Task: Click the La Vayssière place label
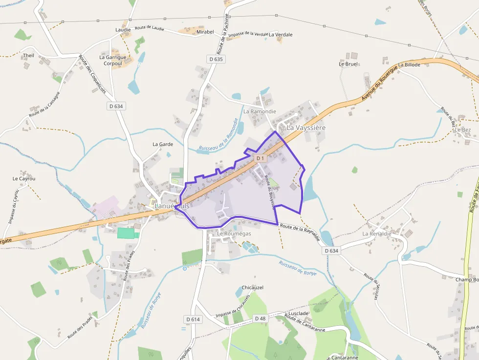305,127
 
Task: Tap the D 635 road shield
216,59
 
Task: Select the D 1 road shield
260,158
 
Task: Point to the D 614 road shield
193,319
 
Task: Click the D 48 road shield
260,318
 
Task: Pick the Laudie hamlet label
123,30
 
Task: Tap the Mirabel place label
205,32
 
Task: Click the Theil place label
28,56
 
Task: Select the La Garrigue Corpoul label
113,60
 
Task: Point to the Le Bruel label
348,64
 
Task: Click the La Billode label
409,64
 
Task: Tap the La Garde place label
163,144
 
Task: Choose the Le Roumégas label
234,233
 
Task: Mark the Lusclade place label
299,313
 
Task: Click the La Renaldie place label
377,234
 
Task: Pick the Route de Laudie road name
149,28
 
